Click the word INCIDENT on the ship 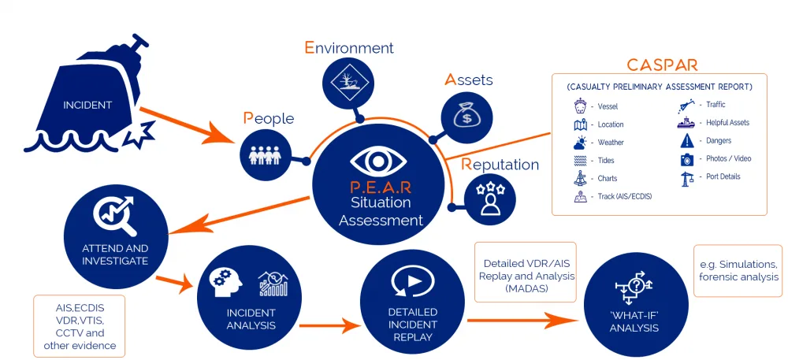pyautogui.click(x=87, y=106)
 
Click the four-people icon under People pyautogui.click(x=265, y=155)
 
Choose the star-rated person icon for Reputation pyautogui.click(x=490, y=199)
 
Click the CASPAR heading pyautogui.click(x=662, y=65)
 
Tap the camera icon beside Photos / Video pyautogui.click(x=687, y=160)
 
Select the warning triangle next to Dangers pyautogui.click(x=687, y=141)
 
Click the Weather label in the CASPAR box pyautogui.click(x=611, y=143)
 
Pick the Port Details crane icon pyautogui.click(x=687, y=178)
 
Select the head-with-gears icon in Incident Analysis pyautogui.click(x=228, y=284)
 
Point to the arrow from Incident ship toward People pyautogui.click(x=187, y=125)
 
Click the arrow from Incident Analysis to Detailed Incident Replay pyautogui.click(x=330, y=325)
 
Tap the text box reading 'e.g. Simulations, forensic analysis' pyautogui.click(x=738, y=271)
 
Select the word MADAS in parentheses pyautogui.click(x=526, y=288)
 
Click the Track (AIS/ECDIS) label pyautogui.click(x=625, y=197)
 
